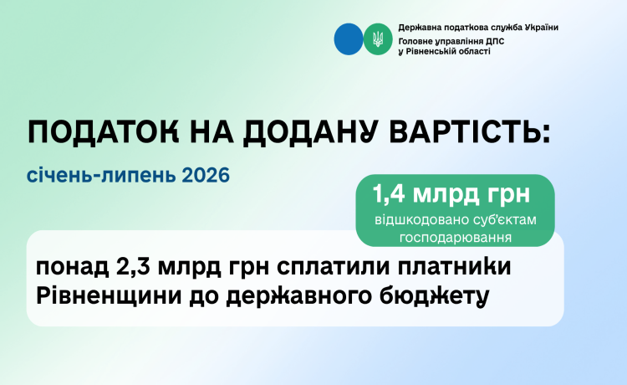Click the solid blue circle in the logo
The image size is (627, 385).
point(349,39)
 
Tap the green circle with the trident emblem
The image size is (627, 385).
point(378,39)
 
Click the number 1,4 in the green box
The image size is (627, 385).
point(389,194)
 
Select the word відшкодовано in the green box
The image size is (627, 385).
point(415,220)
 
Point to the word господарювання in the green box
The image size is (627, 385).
point(456,238)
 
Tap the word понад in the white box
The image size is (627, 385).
point(73,268)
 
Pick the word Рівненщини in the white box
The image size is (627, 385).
point(109,296)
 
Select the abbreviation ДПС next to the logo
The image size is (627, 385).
point(495,41)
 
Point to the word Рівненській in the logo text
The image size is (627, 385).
point(431,51)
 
